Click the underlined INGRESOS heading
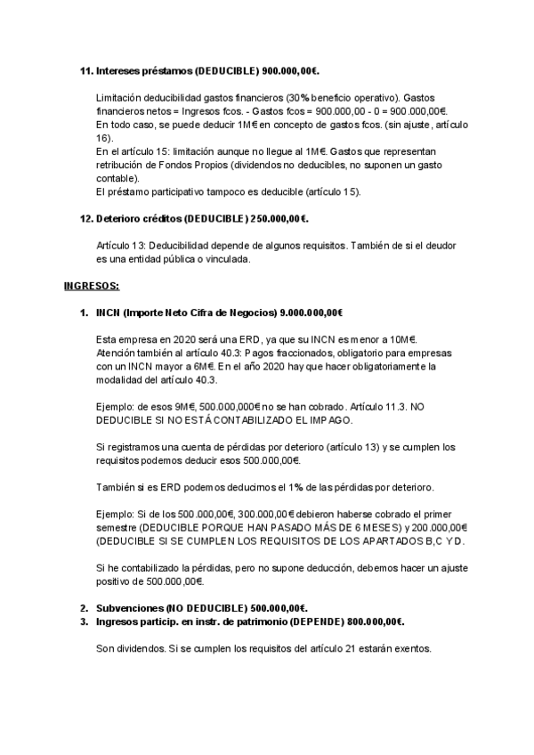92,286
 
